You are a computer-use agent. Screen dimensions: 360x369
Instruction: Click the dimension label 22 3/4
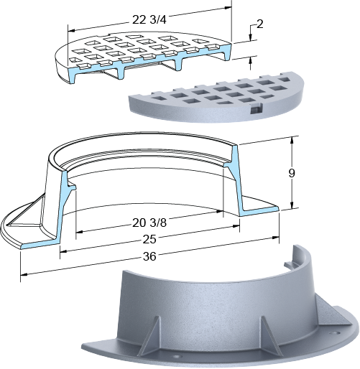pyautogui.click(x=149, y=20)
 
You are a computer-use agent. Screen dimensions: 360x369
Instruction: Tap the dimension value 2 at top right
pyautogui.click(x=259, y=24)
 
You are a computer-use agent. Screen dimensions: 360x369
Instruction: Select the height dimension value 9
pyautogui.click(x=292, y=173)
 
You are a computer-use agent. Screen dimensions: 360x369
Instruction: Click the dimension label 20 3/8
pyautogui.click(x=149, y=223)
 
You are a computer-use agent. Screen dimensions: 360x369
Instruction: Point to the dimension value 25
pyautogui.click(x=149, y=239)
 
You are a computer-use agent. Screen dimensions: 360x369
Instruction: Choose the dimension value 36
pyautogui.click(x=149, y=256)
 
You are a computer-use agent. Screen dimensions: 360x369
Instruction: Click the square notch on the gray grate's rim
pyautogui.click(x=256, y=109)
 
